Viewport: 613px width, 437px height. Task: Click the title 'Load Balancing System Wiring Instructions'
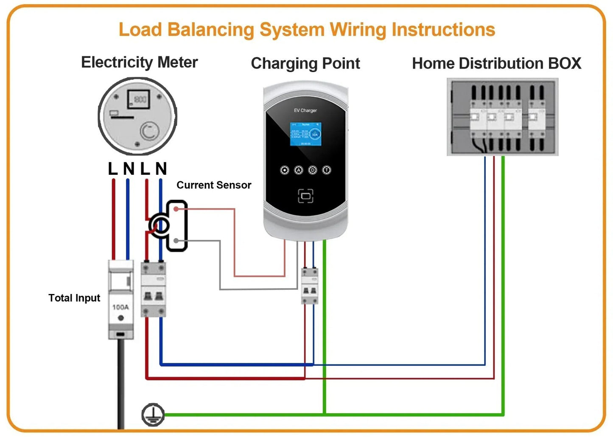point(307,30)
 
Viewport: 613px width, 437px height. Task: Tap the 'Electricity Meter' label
point(139,62)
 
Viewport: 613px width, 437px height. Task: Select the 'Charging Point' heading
point(305,64)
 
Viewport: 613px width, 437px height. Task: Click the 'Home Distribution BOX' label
point(496,64)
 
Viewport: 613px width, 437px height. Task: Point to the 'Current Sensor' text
point(214,185)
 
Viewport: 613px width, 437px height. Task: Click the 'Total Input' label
point(74,298)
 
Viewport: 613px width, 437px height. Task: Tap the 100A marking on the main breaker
point(120,307)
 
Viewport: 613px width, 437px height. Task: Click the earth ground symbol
point(153,415)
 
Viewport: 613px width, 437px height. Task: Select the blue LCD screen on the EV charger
point(305,134)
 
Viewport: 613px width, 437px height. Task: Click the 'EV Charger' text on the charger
point(305,110)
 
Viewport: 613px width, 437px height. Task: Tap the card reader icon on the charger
point(305,196)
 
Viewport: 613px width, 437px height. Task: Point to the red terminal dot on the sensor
point(176,209)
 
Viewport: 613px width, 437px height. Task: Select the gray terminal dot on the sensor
point(176,241)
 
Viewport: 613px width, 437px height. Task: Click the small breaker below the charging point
point(309,286)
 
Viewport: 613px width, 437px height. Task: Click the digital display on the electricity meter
point(139,99)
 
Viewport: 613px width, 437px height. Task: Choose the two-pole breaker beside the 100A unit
point(153,290)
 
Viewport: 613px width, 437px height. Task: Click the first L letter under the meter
point(112,169)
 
